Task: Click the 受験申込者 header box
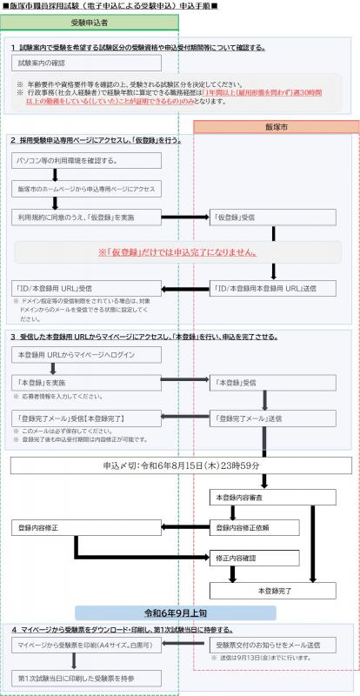(90, 23)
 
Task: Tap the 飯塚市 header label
(276, 127)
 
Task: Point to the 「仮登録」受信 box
(261, 216)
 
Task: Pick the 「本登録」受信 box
(261, 382)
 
